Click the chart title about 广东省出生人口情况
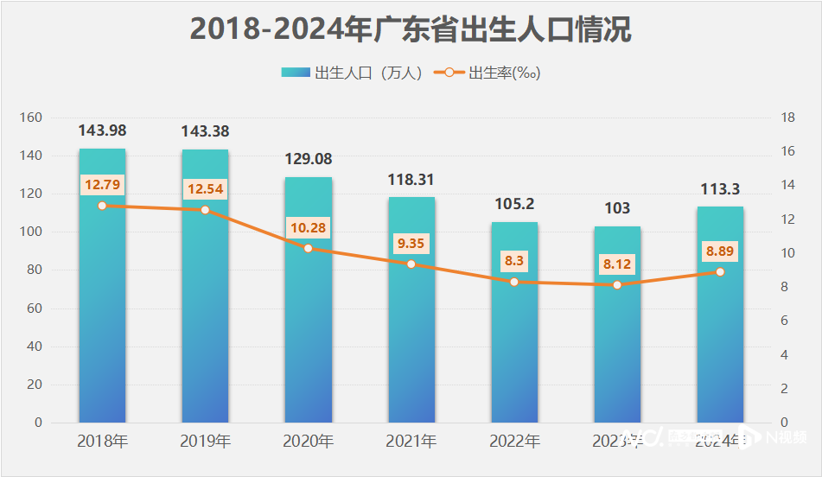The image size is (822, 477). pyautogui.click(x=411, y=29)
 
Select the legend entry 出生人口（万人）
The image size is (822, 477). pyautogui.click(x=354, y=73)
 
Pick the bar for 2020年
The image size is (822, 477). pyautogui.click(x=308, y=302)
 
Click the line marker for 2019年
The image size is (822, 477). pyautogui.click(x=205, y=210)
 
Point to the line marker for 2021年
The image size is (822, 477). pyautogui.click(x=411, y=264)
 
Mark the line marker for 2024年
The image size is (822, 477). pyautogui.click(x=720, y=271)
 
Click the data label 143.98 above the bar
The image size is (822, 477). pyautogui.click(x=102, y=130)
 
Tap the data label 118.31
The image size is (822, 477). pyautogui.click(x=411, y=180)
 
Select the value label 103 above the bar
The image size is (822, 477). pyautogui.click(x=617, y=208)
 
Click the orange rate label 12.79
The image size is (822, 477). pyautogui.click(x=102, y=184)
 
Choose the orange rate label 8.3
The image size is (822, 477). pyautogui.click(x=514, y=260)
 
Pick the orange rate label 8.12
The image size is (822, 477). pyautogui.click(x=617, y=264)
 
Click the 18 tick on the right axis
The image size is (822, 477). pyautogui.click(x=787, y=118)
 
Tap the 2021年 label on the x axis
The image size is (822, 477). pyautogui.click(x=411, y=442)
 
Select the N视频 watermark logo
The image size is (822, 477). pyautogui.click(x=782, y=437)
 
